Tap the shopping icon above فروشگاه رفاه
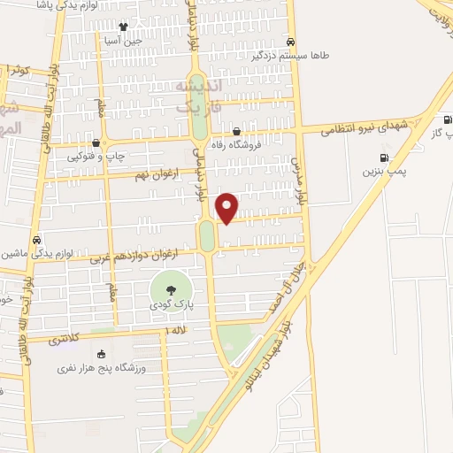tap(234, 132)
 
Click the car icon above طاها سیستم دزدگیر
tap(291, 42)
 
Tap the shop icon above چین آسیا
tap(123, 27)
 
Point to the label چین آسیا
tap(123, 40)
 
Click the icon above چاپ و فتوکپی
tap(96, 142)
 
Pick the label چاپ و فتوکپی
tap(96, 156)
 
